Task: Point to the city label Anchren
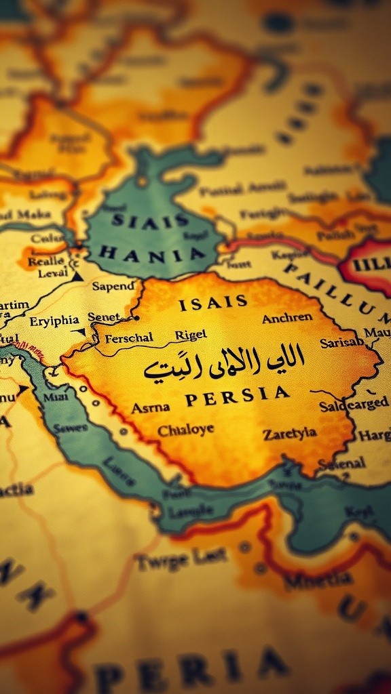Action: (x=287, y=318)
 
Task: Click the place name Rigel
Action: (x=191, y=335)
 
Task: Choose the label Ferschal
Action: (x=128, y=337)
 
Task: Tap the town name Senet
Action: (x=103, y=317)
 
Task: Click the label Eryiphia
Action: (x=54, y=321)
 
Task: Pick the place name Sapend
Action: (x=113, y=286)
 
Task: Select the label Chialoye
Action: (x=185, y=430)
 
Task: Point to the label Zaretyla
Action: (x=290, y=434)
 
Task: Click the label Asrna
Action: (x=150, y=408)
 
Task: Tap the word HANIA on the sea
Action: (x=151, y=255)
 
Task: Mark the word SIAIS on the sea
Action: (x=150, y=220)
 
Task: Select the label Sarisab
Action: (x=342, y=343)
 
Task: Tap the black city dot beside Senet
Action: (x=136, y=317)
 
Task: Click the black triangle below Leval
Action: (x=77, y=277)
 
